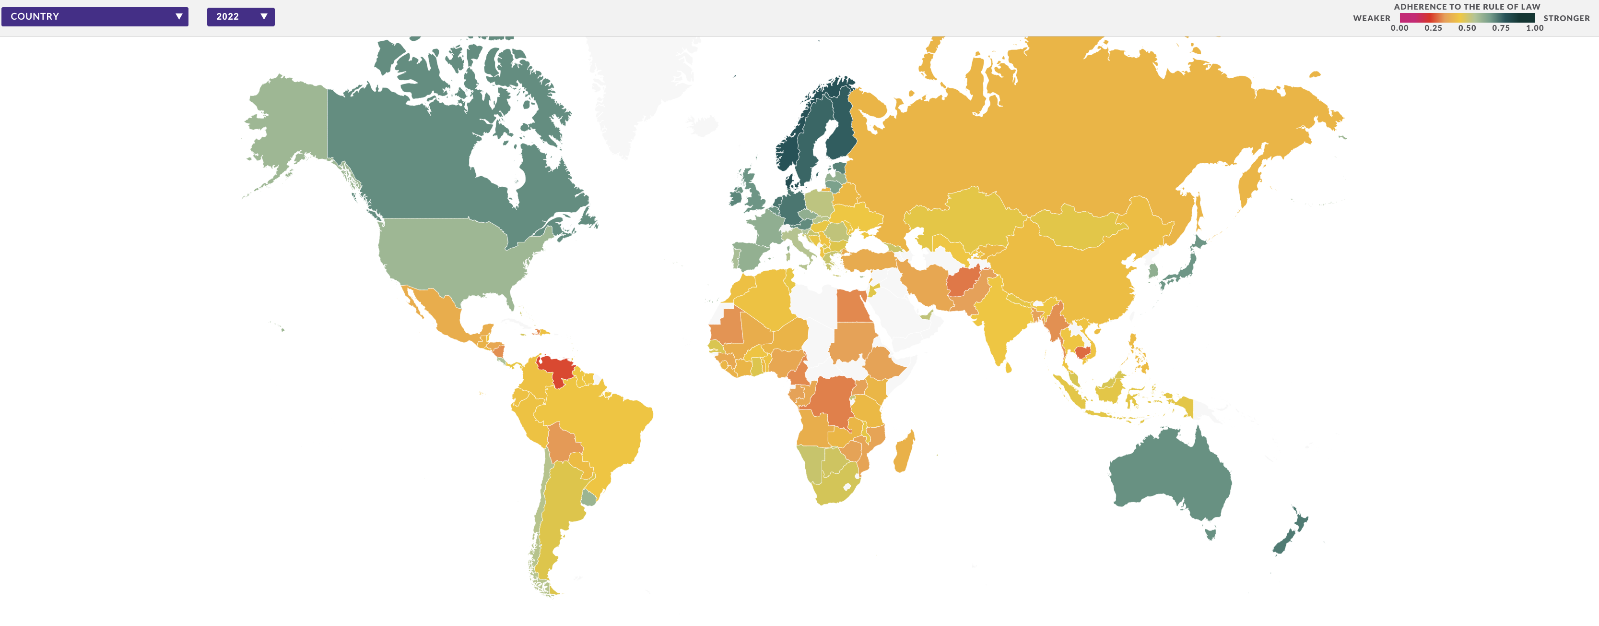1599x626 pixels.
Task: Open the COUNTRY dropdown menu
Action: coord(94,17)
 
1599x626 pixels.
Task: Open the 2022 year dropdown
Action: coord(240,17)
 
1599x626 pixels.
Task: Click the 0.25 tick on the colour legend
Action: coord(1433,28)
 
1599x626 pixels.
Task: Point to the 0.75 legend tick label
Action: coord(1500,28)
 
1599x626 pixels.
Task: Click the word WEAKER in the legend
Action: coord(1371,19)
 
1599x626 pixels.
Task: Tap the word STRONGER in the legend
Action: coord(1566,19)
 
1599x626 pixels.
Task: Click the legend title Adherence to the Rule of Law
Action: coord(1466,7)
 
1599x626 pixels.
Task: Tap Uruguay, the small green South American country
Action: coord(588,497)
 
